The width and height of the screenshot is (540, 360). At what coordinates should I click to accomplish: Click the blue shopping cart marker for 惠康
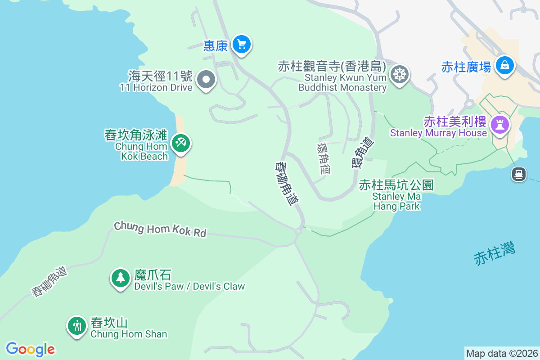(242, 45)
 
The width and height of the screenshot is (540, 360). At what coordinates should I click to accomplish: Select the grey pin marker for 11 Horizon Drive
(207, 80)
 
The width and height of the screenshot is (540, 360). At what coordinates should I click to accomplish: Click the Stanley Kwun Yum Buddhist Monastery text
(342, 82)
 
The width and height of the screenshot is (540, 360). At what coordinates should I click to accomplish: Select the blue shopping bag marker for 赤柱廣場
(505, 66)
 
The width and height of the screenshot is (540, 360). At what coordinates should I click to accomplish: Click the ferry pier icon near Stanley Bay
(519, 174)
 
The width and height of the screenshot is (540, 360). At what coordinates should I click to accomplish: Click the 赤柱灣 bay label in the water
(495, 253)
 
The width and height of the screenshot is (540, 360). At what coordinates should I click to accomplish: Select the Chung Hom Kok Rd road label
(160, 229)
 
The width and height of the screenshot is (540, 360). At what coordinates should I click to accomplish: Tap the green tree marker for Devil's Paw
(120, 278)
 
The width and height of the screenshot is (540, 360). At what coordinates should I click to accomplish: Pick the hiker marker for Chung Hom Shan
(77, 325)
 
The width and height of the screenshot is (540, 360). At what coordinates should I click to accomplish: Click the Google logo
(30, 349)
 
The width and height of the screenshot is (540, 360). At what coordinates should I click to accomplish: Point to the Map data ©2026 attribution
(502, 353)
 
